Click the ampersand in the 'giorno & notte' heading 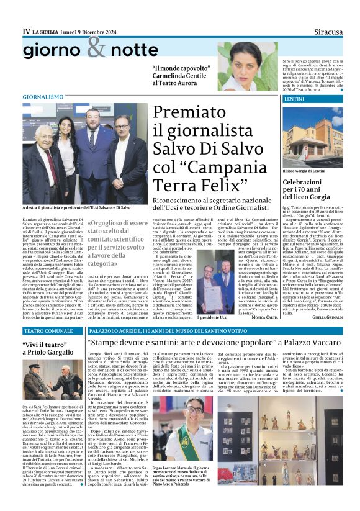point(97,47)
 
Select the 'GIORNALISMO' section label point(43,97)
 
